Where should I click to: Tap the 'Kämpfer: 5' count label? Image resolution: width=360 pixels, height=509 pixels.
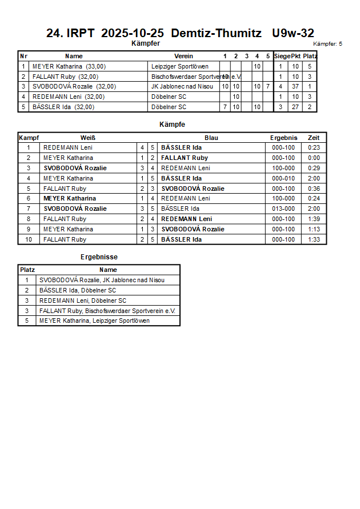[x=327, y=44]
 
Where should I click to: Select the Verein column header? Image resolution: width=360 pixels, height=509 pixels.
[x=183, y=56]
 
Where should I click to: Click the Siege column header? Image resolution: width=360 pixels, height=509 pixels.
[x=281, y=56]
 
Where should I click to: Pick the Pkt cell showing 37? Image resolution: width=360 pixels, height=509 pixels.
[x=295, y=87]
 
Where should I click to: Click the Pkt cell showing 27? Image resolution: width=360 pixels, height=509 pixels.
[x=295, y=107]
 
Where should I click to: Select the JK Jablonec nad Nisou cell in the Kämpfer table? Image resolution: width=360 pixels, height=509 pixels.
[x=182, y=87]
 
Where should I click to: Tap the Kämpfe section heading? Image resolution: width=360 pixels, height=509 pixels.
[x=172, y=125]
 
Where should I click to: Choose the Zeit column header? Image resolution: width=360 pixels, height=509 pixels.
[x=314, y=138]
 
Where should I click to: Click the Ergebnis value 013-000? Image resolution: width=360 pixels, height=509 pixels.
[x=283, y=209]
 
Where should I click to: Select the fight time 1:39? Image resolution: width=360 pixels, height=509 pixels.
[x=314, y=219]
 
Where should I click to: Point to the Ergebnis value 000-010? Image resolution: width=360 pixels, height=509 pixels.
[x=283, y=178]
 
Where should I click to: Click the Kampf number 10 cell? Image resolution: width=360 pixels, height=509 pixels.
[x=29, y=239]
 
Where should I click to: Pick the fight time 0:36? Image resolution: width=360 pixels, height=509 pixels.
[x=314, y=189]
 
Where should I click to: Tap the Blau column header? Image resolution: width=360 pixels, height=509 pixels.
[x=211, y=138]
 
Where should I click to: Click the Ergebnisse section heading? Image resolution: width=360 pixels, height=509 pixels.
[x=99, y=258]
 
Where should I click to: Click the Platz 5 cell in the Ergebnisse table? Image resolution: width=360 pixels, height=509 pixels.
[x=27, y=321]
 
